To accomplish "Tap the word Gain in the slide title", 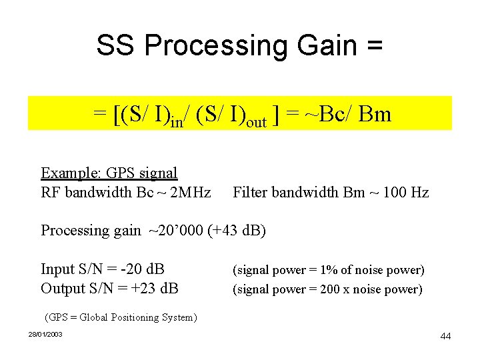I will [317, 45].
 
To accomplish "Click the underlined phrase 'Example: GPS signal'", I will [109, 173].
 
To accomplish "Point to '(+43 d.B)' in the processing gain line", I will [237, 231].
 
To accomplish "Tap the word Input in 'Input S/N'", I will [57, 269].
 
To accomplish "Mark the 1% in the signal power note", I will [326, 270].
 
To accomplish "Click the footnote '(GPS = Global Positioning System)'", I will [120, 317].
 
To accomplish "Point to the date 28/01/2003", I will [45, 333].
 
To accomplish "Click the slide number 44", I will [445, 336].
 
